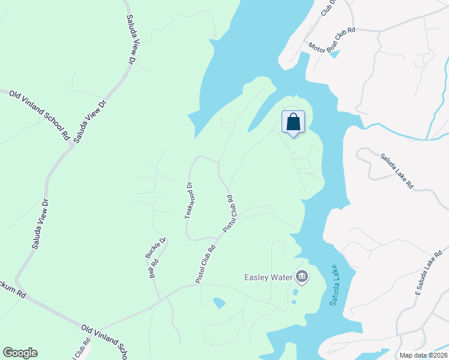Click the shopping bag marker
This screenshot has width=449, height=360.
coord(293,122)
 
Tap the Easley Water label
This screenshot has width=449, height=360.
coord(268,277)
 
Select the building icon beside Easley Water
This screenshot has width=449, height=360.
coord(301,277)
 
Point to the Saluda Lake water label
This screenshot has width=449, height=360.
coord(335,286)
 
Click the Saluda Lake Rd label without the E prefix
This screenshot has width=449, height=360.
coord(397,172)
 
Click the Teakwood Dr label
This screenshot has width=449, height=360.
coord(189,200)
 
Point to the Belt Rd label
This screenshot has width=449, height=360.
coord(154,268)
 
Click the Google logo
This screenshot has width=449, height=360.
coord(20,353)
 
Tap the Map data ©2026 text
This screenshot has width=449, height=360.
coord(423,355)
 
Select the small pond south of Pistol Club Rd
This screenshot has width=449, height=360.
coord(219,303)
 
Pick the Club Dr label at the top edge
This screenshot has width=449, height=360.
coord(328,7)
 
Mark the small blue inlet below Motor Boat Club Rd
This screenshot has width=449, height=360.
coord(334,54)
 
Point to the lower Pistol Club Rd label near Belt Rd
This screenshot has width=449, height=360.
coord(205,263)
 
